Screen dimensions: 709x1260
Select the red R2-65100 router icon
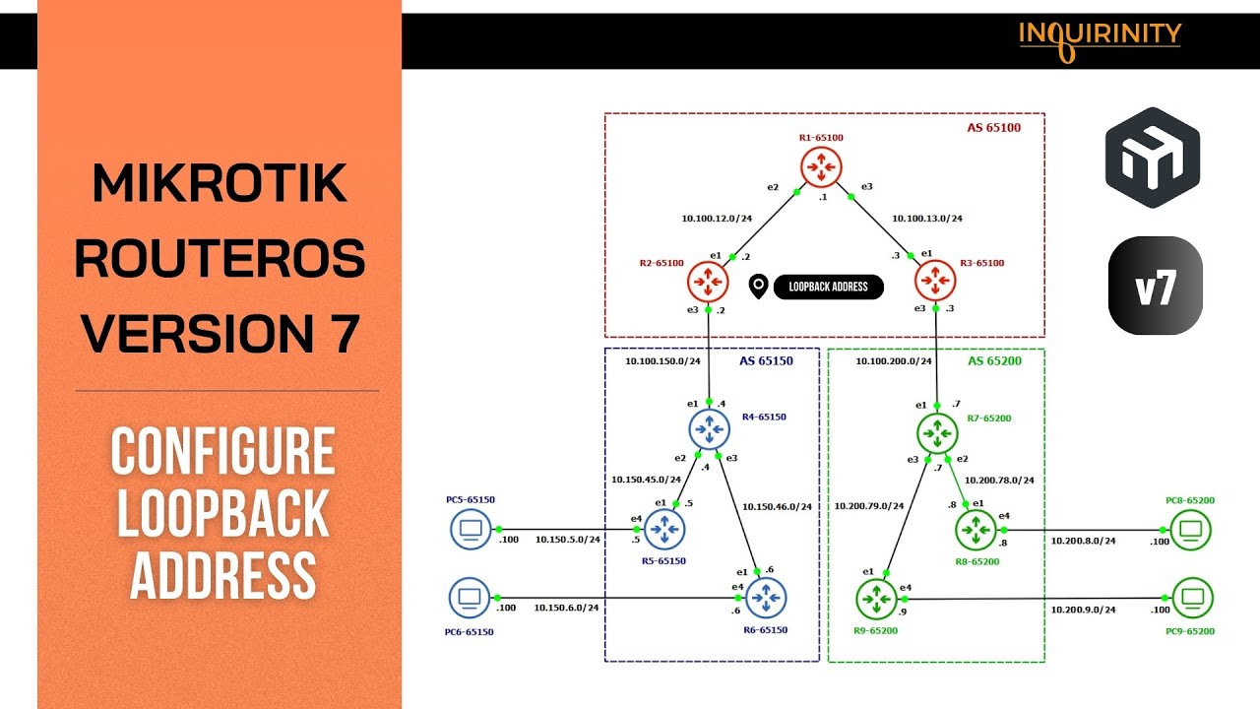708,282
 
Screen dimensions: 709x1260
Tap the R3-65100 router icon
935,282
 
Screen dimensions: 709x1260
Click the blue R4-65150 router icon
708,430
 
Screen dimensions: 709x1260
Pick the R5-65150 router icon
664,531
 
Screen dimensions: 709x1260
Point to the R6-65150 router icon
765,598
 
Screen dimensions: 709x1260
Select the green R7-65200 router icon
936,431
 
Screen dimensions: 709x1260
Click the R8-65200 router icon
976,531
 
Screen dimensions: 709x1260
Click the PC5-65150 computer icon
471,530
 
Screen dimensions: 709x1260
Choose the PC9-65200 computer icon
1192,597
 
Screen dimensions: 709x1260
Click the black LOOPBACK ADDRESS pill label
828,287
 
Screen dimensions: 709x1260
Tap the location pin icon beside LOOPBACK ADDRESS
758,287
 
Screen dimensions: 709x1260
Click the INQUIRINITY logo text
1100,35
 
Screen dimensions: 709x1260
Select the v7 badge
1155,286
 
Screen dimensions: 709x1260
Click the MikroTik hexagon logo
1152,158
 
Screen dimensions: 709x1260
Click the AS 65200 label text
994,361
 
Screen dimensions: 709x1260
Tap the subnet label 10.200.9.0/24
1083,610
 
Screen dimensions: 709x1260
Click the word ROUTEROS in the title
220,258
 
